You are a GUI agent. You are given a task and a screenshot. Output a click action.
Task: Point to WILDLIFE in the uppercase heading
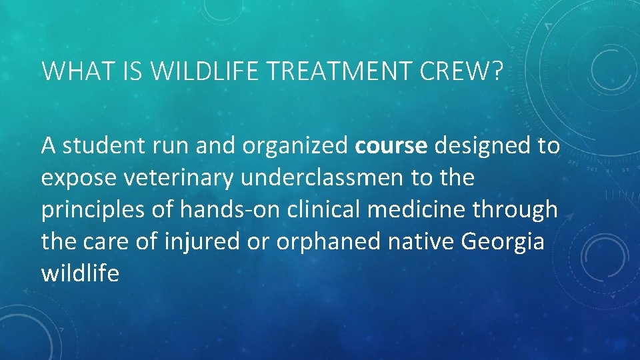[x=195, y=71]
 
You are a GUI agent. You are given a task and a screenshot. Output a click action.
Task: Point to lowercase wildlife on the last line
[x=80, y=274]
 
